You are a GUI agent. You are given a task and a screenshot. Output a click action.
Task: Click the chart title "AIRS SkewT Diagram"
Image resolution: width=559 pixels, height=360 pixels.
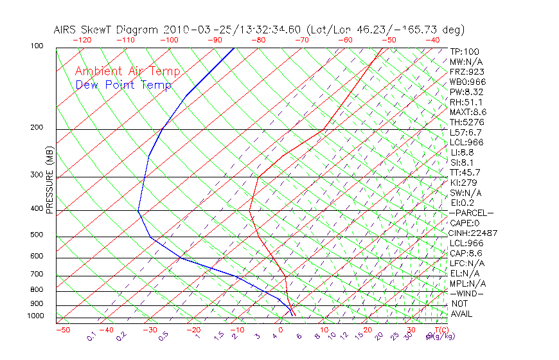[x=107, y=30]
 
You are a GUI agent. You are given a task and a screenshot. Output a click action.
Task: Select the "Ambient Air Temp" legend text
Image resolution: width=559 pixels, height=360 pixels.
[x=127, y=71]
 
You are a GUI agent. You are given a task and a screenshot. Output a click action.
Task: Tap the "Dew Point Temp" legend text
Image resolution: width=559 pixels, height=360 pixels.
[x=123, y=85]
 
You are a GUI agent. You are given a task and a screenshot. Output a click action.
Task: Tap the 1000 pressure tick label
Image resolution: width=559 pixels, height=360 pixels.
[x=36, y=316]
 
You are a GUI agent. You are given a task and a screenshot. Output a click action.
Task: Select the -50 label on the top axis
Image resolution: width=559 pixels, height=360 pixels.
[x=389, y=39]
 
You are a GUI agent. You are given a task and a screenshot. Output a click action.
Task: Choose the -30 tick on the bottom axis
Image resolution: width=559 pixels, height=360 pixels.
[x=150, y=330]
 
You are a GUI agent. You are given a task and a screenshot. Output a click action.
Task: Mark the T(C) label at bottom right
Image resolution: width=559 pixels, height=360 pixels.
[x=440, y=330]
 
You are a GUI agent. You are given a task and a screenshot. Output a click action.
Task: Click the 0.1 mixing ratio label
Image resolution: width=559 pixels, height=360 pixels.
[x=92, y=336]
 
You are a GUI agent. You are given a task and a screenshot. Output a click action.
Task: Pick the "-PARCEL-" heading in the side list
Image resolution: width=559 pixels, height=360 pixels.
[x=472, y=213]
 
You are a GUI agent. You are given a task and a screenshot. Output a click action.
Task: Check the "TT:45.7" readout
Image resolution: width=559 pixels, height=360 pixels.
[x=465, y=172]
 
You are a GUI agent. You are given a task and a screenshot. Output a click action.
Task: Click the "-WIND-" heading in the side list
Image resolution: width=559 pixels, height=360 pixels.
[x=467, y=293]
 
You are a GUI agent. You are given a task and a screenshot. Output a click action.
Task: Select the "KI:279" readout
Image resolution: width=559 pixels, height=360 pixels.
[x=463, y=182]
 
